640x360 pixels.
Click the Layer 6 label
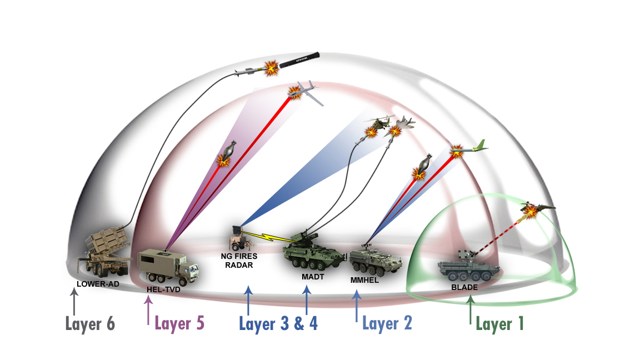click(90, 324)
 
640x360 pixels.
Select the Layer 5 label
click(179, 323)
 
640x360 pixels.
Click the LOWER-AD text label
click(98, 284)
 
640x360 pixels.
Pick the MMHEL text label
click(365, 280)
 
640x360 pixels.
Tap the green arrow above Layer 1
click(470, 309)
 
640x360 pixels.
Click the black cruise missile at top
click(300, 60)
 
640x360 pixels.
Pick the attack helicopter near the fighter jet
click(380, 123)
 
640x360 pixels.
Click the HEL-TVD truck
click(167, 267)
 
